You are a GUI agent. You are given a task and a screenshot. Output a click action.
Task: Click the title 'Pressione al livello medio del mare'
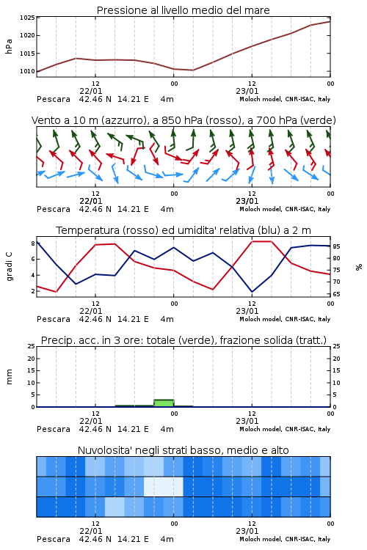tap(183, 10)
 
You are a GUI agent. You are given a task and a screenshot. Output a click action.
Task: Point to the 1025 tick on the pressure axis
tap(27, 18)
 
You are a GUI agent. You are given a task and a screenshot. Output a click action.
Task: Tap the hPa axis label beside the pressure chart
tap(9, 46)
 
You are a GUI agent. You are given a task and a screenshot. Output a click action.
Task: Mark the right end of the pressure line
tap(330, 22)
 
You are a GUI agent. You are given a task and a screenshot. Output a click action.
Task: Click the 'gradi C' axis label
tap(9, 267)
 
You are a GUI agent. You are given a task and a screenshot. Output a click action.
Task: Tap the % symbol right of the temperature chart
tap(359, 267)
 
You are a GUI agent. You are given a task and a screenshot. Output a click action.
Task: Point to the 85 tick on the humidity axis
tap(336, 246)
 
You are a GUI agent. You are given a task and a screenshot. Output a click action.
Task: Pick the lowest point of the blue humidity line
tap(252, 292)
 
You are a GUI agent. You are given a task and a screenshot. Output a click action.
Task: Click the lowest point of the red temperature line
tap(57, 292)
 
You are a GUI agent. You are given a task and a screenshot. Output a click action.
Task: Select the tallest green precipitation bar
tap(164, 403)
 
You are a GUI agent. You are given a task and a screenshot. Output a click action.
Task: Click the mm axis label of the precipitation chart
tap(9, 377)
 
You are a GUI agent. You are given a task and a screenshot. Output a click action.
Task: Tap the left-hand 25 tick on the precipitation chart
tap(32, 346)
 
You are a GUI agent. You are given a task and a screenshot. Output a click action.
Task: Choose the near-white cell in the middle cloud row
tap(163, 486)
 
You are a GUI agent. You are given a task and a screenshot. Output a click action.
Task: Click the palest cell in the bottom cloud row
tap(115, 507)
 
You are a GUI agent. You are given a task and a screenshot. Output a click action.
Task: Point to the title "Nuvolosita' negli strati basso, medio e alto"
tap(183, 450)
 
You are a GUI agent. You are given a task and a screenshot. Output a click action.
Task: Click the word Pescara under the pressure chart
tap(54, 99)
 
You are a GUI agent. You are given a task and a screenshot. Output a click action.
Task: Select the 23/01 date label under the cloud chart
tap(247, 531)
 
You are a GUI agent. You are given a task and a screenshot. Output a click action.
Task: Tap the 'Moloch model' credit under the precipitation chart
tap(261, 429)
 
